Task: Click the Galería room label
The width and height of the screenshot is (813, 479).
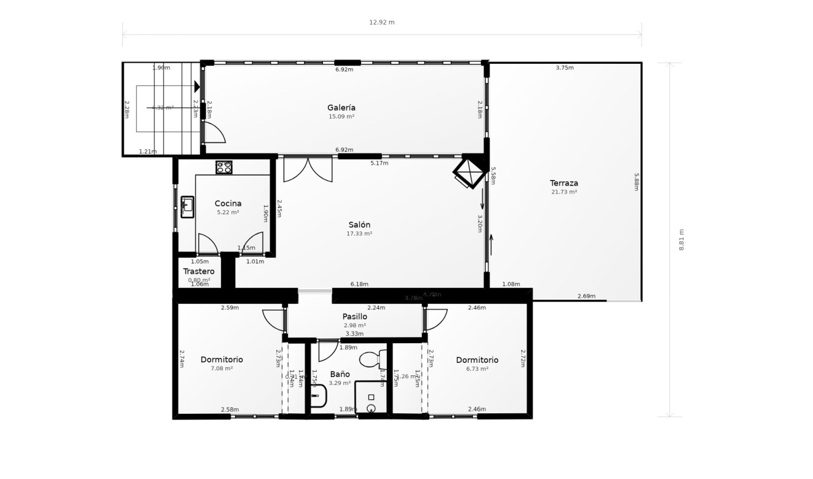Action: coord(341,107)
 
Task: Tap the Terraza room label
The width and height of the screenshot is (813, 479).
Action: coord(564,183)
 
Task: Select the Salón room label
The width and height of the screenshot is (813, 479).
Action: coord(359,225)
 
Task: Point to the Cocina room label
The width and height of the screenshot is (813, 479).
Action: coord(228,203)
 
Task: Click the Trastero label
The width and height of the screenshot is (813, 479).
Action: coord(199,271)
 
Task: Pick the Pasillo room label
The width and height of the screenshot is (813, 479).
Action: coord(354,317)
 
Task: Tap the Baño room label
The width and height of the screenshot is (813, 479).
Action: coord(340,374)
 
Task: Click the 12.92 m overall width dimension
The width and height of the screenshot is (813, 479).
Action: coord(381,22)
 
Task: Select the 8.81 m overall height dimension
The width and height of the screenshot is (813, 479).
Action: coord(681,240)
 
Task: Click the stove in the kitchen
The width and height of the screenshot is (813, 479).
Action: coord(224,167)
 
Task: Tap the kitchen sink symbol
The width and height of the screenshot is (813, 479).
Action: coord(187,207)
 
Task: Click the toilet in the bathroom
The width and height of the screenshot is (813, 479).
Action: coord(372,359)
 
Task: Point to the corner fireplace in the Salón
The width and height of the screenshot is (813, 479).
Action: coord(470,173)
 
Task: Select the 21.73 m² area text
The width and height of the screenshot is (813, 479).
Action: coord(564,192)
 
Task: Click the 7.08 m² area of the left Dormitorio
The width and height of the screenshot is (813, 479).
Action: coord(222,368)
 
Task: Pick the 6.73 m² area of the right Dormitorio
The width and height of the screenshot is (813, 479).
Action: coord(477,369)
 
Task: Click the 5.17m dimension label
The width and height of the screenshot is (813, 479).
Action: coord(379,163)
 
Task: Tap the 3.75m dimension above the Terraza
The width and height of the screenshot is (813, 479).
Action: coord(564,68)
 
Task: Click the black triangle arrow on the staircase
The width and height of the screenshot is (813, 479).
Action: coord(197,87)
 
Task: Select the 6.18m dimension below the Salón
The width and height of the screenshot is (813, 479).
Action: coord(359,284)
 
